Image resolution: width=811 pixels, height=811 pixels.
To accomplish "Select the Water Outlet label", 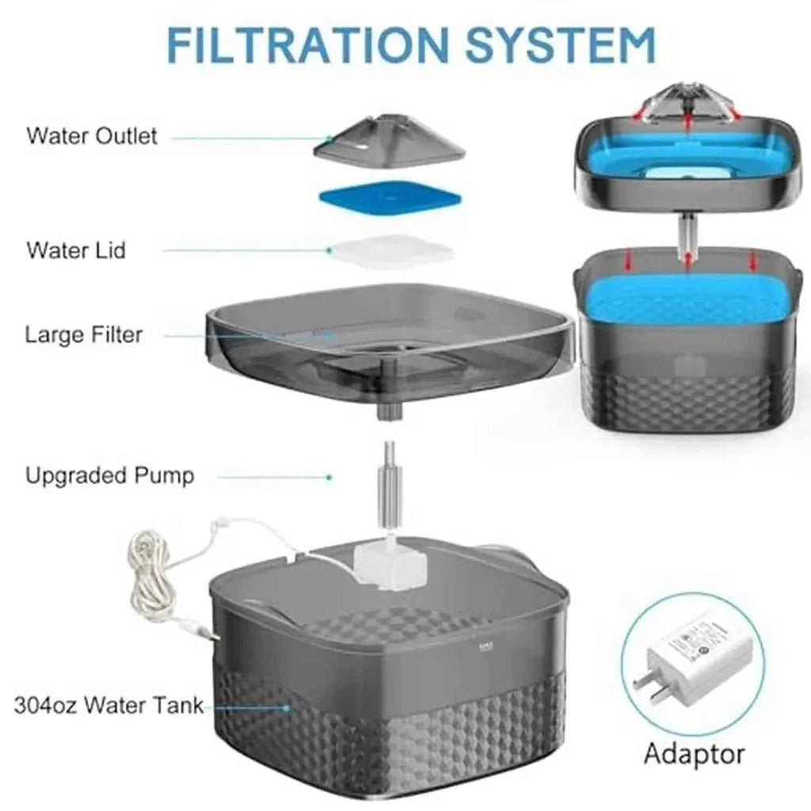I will pos(92,135).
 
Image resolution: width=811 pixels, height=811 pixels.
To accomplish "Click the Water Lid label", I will pos(76,250).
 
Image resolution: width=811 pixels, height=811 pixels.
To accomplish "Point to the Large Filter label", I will pos(84,334).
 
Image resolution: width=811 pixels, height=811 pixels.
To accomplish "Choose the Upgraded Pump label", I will pos(109,476).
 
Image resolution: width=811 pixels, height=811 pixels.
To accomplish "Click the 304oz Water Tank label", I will pos(109,705).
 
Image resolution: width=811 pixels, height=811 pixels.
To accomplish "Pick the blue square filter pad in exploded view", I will pos(386,198).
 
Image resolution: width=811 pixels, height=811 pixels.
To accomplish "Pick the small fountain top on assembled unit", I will pos(687,105).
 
